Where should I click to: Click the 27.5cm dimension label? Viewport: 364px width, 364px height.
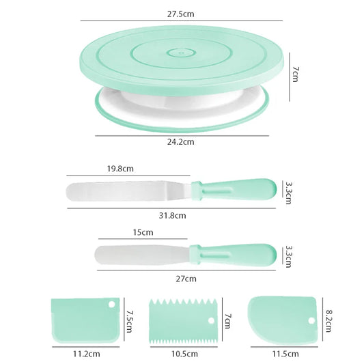[x=180, y=14]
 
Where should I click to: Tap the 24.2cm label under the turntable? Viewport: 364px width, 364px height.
[x=180, y=142]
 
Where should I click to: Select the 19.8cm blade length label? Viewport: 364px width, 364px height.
[x=120, y=169]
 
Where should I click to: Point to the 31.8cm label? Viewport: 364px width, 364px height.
[x=172, y=216]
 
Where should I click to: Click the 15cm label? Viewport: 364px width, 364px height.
[x=143, y=232]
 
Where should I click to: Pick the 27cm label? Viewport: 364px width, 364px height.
[x=186, y=279]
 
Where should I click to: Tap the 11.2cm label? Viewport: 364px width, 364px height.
[x=87, y=354]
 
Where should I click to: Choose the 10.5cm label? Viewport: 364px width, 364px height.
[x=184, y=354]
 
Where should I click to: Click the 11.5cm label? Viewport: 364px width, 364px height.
[x=285, y=354]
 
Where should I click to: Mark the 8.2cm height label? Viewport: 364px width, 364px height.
[x=328, y=321]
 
